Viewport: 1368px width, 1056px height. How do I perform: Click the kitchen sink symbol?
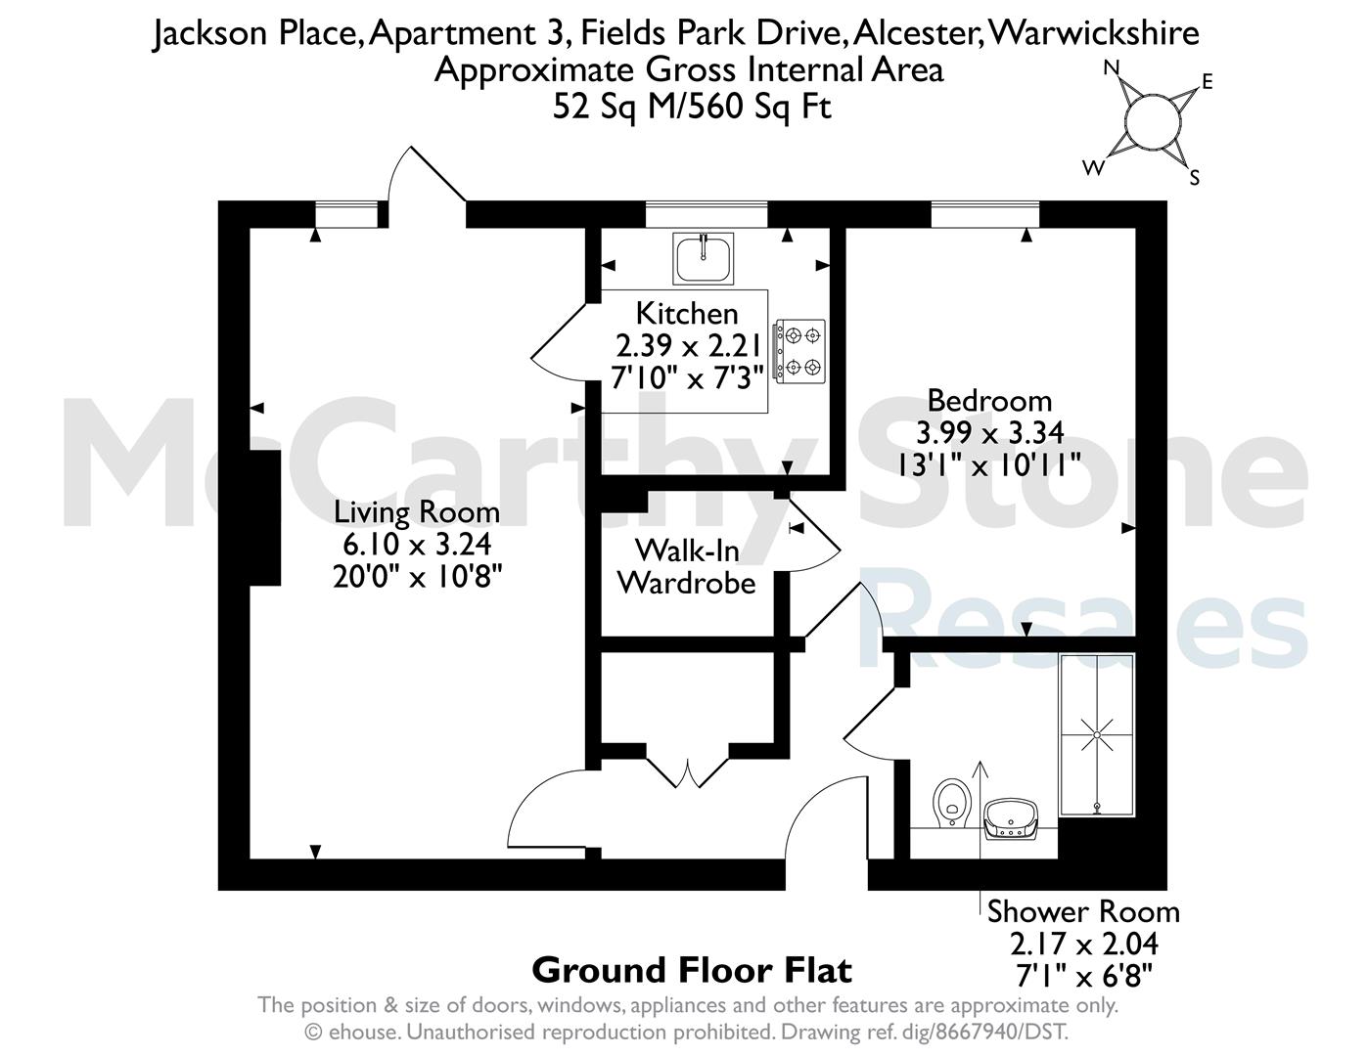coord(703,258)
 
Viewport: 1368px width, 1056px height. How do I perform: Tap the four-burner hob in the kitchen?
coord(799,351)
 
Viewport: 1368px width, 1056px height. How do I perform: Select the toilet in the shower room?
coord(951,803)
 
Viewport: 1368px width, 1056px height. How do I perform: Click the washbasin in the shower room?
coord(1011,818)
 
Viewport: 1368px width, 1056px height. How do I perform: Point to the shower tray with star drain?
coord(1097,734)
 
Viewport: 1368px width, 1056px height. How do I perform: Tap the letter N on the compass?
coord(1112,67)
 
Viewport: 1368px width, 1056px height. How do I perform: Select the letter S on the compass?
coord(1194,178)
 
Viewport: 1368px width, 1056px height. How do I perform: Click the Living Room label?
coord(417,512)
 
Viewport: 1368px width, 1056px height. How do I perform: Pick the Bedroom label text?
coord(989,401)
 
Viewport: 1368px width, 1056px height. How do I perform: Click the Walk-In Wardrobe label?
coord(687,567)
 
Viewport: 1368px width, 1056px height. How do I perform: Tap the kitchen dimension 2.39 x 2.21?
coord(689,345)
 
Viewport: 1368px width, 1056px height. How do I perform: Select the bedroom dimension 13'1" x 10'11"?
coord(989,466)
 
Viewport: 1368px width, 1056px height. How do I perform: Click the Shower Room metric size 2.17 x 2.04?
coord(1084,944)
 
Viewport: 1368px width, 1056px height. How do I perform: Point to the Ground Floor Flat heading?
coord(692,970)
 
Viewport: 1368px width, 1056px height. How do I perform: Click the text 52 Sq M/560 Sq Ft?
coord(692,106)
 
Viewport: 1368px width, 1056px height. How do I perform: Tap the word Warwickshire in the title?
coord(1093,32)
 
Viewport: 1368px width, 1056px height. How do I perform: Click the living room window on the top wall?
coord(346,214)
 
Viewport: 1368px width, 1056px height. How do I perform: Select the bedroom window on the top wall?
coord(985,214)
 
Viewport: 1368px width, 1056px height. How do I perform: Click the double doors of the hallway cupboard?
coord(688,767)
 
